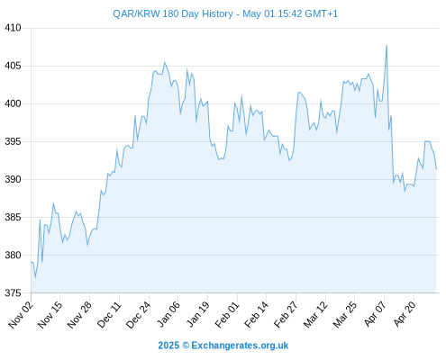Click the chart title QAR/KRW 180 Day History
(x=173, y=14)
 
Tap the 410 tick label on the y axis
(x=13, y=28)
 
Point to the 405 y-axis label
(x=13, y=66)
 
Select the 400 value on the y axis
(x=13, y=103)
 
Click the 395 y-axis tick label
(x=13, y=141)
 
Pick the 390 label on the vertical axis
(x=13, y=179)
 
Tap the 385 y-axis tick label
(x=13, y=217)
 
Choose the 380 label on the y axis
(x=13, y=256)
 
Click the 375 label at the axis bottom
(x=13, y=293)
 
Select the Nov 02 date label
(x=21, y=315)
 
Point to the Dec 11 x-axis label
(x=109, y=315)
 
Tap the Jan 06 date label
(x=168, y=315)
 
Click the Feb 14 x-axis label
(x=256, y=315)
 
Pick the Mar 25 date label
(x=345, y=315)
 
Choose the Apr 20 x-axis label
(x=405, y=315)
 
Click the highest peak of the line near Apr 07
(x=387, y=45)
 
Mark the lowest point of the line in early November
(x=35, y=278)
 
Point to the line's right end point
(x=436, y=169)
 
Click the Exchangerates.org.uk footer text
(x=240, y=346)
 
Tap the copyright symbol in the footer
(x=186, y=346)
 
